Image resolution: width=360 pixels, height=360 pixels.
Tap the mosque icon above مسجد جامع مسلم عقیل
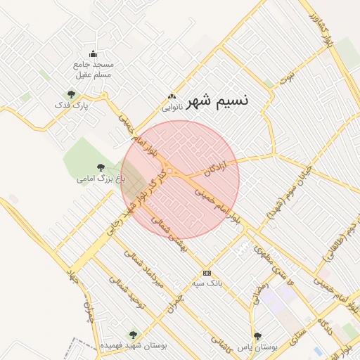(93, 54)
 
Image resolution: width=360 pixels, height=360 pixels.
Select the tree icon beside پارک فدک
(70, 94)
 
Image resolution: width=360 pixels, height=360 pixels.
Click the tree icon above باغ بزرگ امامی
(101, 167)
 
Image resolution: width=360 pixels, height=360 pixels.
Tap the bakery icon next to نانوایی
(170, 97)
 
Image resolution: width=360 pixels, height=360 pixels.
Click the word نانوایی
(172, 108)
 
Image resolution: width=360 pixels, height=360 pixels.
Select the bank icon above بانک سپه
(207, 273)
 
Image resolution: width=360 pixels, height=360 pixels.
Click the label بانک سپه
(207, 283)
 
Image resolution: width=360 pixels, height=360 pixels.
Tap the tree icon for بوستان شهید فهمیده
(133, 335)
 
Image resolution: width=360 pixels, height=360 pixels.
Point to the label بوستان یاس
(258, 347)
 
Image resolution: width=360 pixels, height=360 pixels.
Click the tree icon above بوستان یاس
(258, 336)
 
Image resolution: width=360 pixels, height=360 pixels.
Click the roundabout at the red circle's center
(169, 171)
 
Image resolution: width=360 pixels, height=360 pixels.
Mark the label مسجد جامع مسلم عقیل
(94, 69)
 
